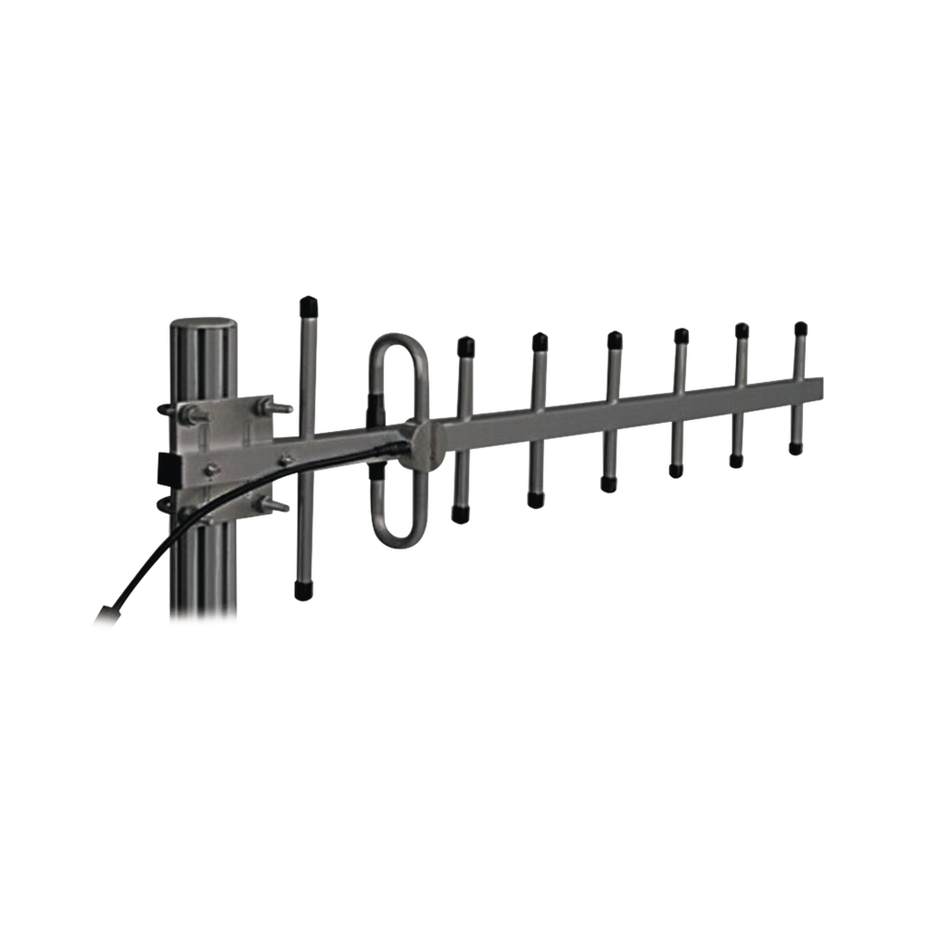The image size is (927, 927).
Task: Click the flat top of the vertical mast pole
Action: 203,323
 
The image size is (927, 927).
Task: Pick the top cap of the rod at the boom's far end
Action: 800,326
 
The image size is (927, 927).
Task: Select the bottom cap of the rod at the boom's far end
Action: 796,449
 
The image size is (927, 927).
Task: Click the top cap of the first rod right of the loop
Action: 466,345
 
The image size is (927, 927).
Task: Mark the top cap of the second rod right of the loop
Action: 540,340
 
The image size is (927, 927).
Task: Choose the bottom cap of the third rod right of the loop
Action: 607,485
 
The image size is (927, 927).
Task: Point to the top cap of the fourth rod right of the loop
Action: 681,335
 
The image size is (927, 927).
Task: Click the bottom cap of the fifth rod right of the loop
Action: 736,462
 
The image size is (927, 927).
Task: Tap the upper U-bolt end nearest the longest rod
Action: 282,408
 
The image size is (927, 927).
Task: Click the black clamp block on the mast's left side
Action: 167,466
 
